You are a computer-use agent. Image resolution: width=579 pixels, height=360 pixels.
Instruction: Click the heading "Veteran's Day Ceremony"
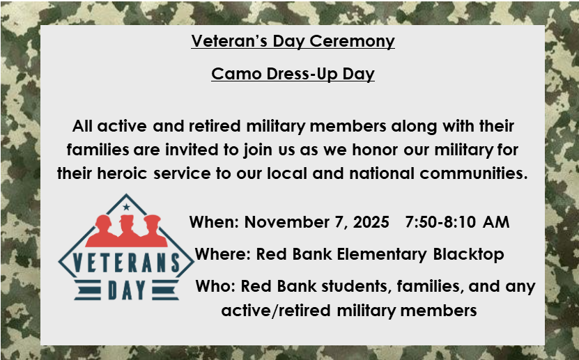pos(293,41)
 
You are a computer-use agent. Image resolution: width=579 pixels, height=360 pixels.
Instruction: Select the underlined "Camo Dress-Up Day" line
pos(293,74)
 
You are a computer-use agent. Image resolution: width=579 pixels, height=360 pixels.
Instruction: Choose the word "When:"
pos(215,223)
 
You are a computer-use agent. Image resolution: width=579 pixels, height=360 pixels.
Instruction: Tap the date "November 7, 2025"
pos(316,223)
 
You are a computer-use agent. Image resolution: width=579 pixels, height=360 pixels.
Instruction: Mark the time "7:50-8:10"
pos(440,223)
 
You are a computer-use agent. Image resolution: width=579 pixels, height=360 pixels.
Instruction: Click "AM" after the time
pos(496,223)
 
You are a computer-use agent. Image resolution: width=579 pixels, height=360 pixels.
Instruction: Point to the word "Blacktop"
pos(468,254)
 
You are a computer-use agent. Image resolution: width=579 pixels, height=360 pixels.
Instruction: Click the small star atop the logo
pos(126,206)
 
